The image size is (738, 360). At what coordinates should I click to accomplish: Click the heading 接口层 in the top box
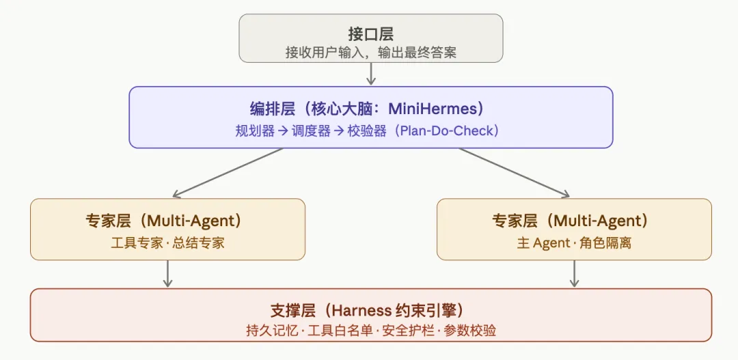pyautogui.click(x=370, y=33)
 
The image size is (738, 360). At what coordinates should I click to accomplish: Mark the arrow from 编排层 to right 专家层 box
pyautogui.click(x=514, y=173)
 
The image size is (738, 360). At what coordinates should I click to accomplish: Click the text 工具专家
pyautogui.click(x=134, y=243)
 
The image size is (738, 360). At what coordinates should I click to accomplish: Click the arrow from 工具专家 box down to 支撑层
pyautogui.click(x=168, y=274)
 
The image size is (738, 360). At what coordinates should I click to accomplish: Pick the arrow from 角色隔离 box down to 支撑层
pyautogui.click(x=574, y=274)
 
